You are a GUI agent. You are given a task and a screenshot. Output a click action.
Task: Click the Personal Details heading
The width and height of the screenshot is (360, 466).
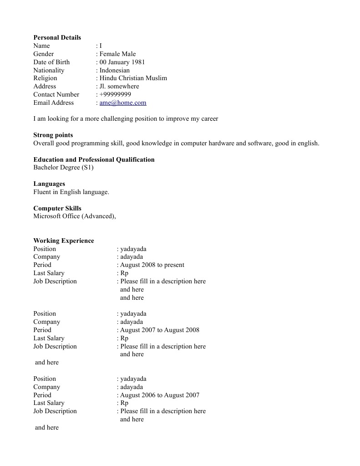click(x=57, y=37)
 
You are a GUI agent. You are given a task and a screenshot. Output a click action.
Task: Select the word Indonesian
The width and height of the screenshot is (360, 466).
click(x=115, y=70)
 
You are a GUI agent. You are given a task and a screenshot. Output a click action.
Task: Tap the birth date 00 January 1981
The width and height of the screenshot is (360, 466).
click(x=122, y=62)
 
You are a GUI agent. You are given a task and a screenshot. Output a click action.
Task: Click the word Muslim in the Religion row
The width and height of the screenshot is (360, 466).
click(x=156, y=78)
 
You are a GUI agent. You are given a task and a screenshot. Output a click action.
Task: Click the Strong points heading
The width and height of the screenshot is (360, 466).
click(x=53, y=135)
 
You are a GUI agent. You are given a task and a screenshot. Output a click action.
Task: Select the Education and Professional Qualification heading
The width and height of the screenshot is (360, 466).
click(x=94, y=159)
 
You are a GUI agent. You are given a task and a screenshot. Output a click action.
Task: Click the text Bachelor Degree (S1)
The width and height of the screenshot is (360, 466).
click(x=63, y=168)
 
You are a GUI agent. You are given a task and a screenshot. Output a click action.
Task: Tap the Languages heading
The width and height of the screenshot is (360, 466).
click(x=49, y=184)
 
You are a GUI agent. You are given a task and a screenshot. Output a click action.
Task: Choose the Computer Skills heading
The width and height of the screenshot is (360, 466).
click(x=57, y=208)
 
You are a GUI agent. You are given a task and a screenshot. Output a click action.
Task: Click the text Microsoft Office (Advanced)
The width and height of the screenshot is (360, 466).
click(x=74, y=216)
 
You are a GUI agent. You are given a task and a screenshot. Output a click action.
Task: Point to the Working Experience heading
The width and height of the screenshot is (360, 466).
click(x=64, y=241)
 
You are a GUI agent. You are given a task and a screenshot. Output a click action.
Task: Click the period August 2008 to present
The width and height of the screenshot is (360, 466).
click(x=152, y=265)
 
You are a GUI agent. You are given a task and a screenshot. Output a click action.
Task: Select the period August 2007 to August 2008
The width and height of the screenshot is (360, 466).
click(x=159, y=330)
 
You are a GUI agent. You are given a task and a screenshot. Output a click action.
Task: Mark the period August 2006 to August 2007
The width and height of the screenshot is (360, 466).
click(x=159, y=395)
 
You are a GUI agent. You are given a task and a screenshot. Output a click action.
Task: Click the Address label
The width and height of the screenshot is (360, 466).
click(x=45, y=87)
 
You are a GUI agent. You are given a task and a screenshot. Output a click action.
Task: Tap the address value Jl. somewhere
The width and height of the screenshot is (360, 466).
click(x=119, y=87)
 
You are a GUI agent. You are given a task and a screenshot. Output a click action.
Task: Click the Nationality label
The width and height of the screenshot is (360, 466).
click(x=49, y=70)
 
